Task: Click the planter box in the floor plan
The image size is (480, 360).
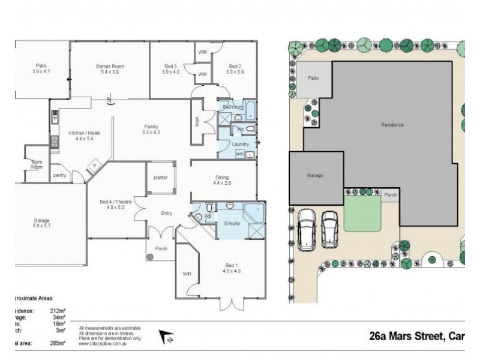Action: [161, 178]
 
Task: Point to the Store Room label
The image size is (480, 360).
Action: [37, 164]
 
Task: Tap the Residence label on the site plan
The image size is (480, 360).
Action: [392, 125]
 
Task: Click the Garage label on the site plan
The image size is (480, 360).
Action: [316, 176]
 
